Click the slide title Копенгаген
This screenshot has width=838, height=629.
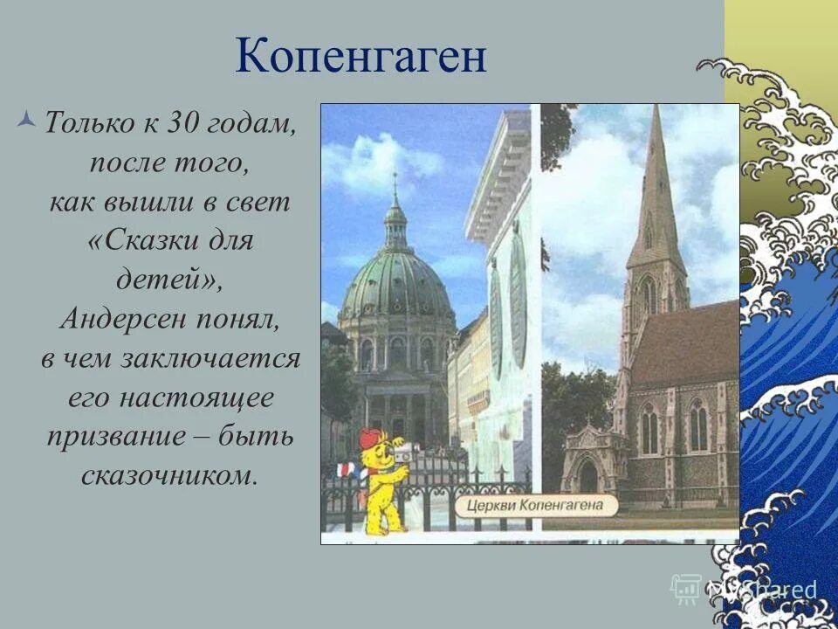(360, 58)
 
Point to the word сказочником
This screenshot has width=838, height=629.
(169, 476)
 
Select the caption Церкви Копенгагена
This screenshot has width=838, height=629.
(546, 505)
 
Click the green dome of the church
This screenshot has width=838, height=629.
(397, 285)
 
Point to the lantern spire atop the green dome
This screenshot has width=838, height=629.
(395, 218)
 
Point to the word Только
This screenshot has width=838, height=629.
(87, 124)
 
